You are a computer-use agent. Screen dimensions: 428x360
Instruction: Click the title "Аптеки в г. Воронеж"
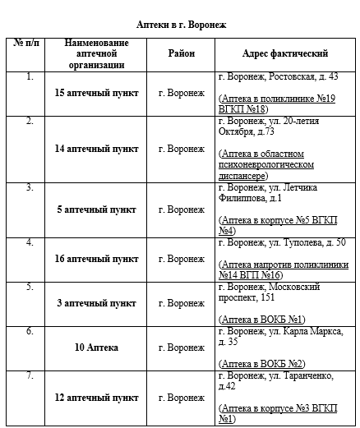coord(181,25)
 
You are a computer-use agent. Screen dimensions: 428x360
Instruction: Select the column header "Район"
coord(181,53)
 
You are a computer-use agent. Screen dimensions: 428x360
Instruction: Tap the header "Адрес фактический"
coord(285,53)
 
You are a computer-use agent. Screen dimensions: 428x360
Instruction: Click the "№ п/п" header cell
coord(30,42)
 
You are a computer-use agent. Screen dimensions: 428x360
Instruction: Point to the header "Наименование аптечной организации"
coord(96,53)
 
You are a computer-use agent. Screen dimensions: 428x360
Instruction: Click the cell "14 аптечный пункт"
coord(96,149)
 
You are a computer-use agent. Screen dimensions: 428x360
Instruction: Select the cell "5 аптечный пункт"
coord(96,209)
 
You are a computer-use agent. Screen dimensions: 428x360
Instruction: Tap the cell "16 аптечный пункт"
coord(96,259)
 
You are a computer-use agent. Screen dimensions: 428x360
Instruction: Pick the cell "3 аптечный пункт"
coord(96,303)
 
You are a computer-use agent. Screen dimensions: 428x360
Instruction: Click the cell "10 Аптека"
coord(96,347)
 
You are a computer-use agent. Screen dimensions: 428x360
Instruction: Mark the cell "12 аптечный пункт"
coord(96,398)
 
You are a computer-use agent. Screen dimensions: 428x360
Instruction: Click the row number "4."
coord(30,243)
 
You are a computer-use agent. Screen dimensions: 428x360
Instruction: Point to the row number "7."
coord(30,376)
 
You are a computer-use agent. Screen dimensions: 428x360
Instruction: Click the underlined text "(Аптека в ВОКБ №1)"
coord(261,318)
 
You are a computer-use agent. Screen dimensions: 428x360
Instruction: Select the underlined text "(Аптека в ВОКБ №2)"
coord(261,362)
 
